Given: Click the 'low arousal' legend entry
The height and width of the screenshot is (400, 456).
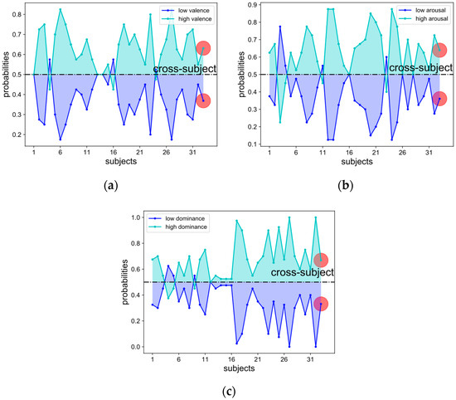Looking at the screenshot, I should point(418,9).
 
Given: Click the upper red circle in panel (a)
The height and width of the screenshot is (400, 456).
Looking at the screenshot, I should point(203,49).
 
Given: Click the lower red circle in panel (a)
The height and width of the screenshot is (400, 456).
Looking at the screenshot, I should point(203,100).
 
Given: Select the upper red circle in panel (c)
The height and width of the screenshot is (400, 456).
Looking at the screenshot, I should point(321,261).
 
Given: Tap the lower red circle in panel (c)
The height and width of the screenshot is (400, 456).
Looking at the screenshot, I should point(321,304).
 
